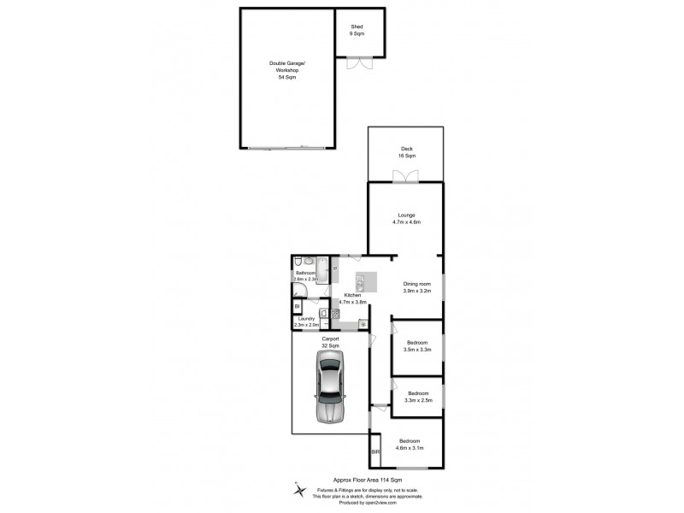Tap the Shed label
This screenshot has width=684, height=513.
pos(357,30)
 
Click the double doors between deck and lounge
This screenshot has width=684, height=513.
pos(405,177)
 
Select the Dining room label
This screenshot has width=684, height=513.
pos(417,287)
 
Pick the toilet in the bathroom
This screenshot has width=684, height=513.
pos(298,262)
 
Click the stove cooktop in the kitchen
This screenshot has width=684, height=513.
pos(335,315)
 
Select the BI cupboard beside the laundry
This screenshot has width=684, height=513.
pos(298,306)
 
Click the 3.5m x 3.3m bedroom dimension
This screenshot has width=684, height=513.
pos(418,350)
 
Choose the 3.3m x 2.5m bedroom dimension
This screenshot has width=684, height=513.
pos(418,400)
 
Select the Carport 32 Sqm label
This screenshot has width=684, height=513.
pos(330,343)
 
